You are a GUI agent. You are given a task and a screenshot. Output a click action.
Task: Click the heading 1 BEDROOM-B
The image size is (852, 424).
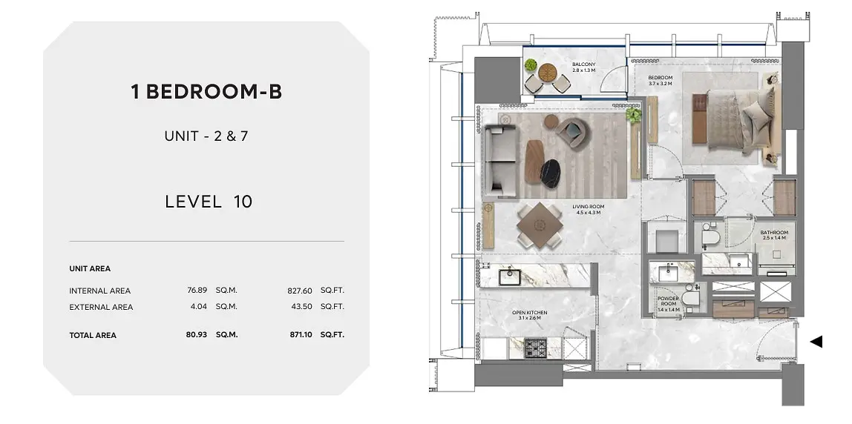(x=206, y=92)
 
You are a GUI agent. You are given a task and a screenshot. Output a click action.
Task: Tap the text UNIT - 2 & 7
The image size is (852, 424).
(x=206, y=136)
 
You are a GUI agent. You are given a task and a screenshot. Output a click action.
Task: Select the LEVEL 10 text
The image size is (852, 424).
(x=209, y=202)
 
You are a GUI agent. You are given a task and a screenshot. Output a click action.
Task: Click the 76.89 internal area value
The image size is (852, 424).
(x=197, y=291)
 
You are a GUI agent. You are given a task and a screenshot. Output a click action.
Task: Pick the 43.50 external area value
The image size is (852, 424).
(x=301, y=306)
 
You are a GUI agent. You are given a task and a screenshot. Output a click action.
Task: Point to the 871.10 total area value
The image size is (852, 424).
(x=301, y=335)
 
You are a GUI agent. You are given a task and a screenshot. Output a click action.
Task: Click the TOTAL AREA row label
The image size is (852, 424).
(x=93, y=336)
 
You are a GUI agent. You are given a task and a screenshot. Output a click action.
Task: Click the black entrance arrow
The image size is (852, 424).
(x=816, y=342)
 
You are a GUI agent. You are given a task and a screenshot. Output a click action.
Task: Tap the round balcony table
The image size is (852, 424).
(x=547, y=72)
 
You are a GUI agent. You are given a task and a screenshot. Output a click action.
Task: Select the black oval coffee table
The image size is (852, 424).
(x=551, y=173)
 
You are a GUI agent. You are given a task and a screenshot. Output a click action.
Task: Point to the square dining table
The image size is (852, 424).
(x=540, y=225)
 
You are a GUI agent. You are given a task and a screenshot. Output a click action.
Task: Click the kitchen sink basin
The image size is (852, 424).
(x=510, y=277)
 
